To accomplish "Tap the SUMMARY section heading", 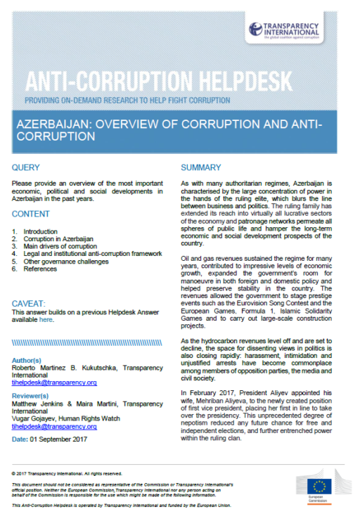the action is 201,167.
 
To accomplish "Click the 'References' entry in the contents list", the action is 39,269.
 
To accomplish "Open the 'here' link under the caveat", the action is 46,319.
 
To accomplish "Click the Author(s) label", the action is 32,360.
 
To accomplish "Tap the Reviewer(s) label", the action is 34,396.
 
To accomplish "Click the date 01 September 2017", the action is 65,439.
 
